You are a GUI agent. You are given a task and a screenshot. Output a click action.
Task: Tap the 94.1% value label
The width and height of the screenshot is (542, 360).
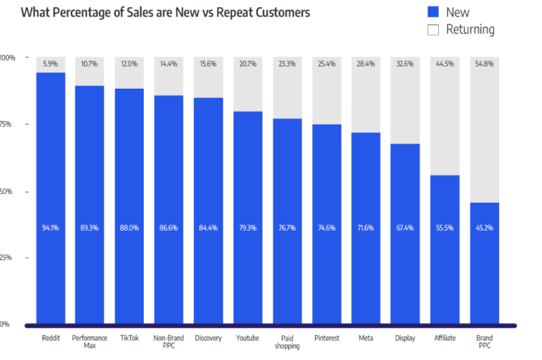click(x=50, y=228)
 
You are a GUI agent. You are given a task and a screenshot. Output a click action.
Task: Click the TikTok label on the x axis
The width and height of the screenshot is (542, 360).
click(x=129, y=337)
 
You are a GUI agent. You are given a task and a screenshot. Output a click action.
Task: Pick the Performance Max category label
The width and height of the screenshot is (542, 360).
click(x=89, y=341)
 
